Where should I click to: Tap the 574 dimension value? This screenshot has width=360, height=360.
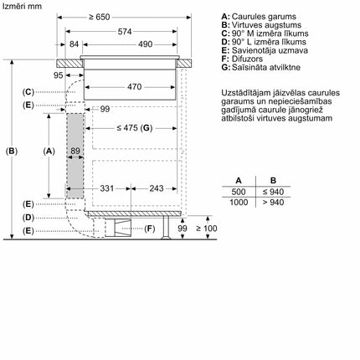(124, 31)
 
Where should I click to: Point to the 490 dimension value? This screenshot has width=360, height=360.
(144, 44)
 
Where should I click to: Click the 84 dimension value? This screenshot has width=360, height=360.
(75, 44)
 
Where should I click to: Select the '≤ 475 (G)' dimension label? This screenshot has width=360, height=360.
(134, 128)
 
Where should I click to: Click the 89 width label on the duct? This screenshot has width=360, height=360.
(75, 152)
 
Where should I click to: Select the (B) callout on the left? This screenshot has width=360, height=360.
(11, 151)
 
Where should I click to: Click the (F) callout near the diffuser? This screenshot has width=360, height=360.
(150, 229)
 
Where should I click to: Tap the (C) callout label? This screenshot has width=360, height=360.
(28, 91)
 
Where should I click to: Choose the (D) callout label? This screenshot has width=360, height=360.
(28, 217)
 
